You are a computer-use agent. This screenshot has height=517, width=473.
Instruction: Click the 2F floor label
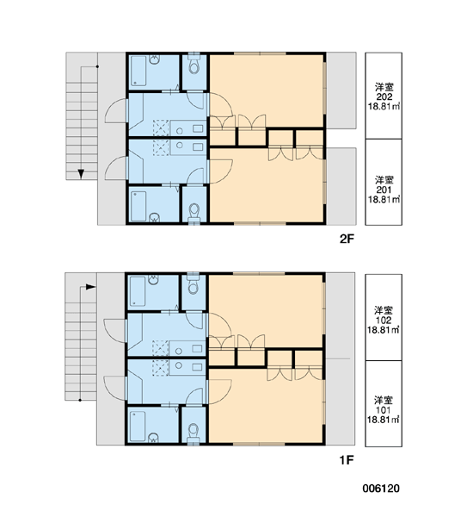347,239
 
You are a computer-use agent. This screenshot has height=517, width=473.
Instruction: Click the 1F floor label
347,459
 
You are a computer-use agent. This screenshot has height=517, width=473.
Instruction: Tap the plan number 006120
381,489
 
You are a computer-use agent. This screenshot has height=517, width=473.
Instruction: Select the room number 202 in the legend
384,97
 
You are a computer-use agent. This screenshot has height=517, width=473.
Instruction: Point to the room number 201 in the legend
384,190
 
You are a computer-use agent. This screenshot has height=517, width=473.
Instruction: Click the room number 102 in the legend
384,321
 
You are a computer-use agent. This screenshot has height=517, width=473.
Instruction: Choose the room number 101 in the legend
384,410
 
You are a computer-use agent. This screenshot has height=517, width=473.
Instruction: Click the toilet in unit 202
194,65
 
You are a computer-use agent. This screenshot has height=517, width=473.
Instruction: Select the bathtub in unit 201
138,207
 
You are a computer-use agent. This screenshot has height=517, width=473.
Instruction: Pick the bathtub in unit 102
138,291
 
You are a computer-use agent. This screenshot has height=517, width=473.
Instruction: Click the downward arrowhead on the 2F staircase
81,174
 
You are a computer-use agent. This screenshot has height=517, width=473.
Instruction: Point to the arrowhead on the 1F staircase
90,287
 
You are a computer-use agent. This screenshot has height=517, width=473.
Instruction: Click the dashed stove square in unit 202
161,128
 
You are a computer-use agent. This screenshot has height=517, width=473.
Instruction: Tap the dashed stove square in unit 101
160,368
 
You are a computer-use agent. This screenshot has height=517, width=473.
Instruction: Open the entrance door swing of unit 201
116,168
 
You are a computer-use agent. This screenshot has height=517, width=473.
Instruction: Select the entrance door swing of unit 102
114,331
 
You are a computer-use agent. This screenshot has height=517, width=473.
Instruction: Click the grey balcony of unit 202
341,90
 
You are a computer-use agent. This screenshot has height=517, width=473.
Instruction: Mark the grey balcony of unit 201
341,186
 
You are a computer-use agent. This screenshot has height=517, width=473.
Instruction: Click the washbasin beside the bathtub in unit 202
155,59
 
